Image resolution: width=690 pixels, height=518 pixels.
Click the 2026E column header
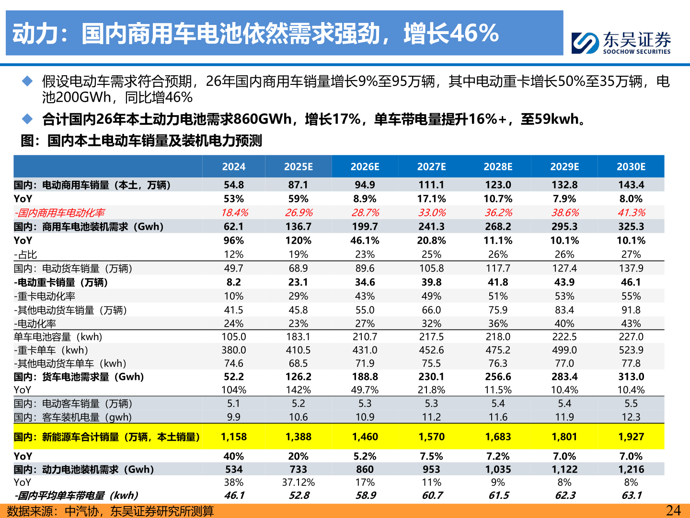point(365,166)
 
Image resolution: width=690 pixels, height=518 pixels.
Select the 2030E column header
point(631,166)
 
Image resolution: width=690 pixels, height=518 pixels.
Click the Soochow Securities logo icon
point(585,43)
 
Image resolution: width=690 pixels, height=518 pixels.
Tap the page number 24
point(673,510)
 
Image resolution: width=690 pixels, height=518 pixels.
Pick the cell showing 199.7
point(365,226)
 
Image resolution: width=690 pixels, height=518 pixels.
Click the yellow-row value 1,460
point(365,436)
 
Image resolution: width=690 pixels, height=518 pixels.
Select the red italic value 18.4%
point(234,212)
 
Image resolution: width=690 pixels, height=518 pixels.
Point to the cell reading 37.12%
point(298,482)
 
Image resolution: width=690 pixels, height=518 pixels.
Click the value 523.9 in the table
point(631,350)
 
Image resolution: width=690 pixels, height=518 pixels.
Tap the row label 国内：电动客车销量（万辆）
point(73,403)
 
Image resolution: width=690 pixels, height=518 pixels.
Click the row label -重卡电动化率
point(45,296)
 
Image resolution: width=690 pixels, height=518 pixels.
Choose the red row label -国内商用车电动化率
point(59,212)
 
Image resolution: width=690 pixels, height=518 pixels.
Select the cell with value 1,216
point(631,469)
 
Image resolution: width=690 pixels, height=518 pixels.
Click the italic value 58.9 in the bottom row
point(366,495)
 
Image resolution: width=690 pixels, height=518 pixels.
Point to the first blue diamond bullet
point(27,81)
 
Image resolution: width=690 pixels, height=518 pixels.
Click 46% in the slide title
point(474,33)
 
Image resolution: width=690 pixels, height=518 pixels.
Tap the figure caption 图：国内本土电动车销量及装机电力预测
point(141,141)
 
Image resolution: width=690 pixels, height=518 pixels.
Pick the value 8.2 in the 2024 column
point(234,282)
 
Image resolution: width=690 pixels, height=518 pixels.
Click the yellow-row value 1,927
point(631,436)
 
